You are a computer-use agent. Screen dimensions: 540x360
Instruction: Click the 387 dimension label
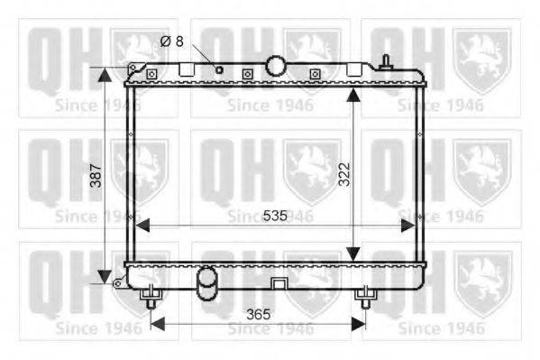[x=96, y=176]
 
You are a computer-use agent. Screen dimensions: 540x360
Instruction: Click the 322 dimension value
[x=344, y=174]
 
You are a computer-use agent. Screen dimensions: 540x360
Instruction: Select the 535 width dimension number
[x=275, y=216]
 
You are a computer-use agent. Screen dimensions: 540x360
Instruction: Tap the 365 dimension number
[x=259, y=315]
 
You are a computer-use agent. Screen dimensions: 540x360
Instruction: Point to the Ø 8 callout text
[x=172, y=42]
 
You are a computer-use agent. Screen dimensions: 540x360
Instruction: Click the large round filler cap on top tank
[x=276, y=66]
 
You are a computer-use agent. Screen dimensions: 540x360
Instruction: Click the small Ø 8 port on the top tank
[x=219, y=70]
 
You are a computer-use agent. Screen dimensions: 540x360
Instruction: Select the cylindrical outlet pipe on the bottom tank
[x=206, y=283]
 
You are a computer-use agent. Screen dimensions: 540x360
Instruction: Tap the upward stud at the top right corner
[x=386, y=61]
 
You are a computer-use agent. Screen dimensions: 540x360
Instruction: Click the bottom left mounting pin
[x=151, y=297]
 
